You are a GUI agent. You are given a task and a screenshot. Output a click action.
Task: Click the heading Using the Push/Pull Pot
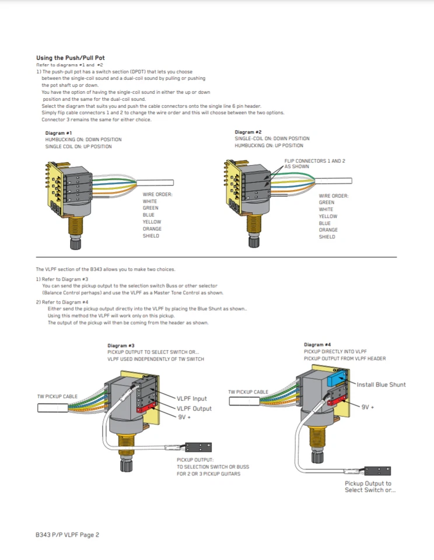click(71, 58)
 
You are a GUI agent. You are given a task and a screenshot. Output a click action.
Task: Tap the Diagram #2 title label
click(248, 132)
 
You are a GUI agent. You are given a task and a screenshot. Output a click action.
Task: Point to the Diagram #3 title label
click(121, 345)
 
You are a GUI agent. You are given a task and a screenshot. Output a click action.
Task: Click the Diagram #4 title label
click(317, 345)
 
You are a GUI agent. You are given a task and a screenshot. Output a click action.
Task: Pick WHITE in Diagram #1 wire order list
click(150, 201)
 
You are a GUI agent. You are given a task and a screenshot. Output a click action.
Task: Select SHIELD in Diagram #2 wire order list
click(327, 237)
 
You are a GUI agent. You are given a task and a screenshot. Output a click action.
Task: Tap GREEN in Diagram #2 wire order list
click(326, 202)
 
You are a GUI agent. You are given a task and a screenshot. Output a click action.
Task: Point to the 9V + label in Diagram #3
click(184, 417)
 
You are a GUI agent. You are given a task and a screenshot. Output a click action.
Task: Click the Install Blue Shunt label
click(381, 384)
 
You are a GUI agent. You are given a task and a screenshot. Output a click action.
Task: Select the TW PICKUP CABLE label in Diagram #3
click(57, 397)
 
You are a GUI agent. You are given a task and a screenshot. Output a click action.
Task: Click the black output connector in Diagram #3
click(198, 448)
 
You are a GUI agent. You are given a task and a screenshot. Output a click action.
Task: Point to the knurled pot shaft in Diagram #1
click(74, 241)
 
